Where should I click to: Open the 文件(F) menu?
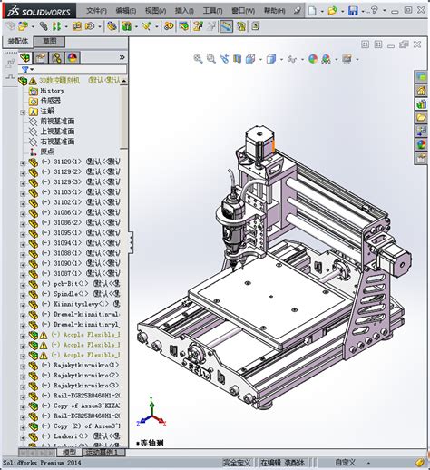(96, 10)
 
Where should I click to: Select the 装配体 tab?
(19, 42)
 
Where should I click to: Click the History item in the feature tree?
(52, 91)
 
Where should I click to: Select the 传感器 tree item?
(50, 101)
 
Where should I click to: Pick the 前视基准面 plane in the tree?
(57, 121)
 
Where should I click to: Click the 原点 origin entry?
(48, 152)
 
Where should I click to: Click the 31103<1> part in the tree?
(69, 192)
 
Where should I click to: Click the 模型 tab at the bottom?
(55, 452)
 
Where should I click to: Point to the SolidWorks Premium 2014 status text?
(41, 463)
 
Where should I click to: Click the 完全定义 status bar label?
(237, 463)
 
